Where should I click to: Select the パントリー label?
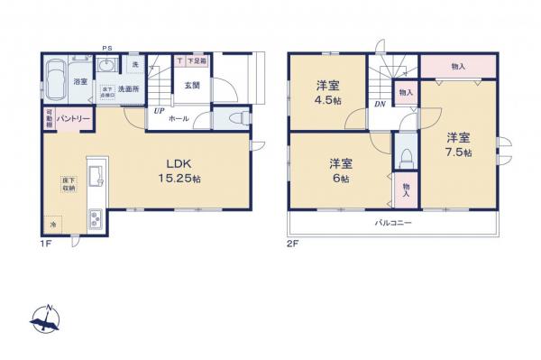[x=71, y=119]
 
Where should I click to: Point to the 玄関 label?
[x=192, y=86]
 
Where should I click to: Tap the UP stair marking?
[x=158, y=112]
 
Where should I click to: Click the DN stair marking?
[x=381, y=104]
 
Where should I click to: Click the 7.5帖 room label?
[x=458, y=144]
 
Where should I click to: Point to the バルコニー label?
[x=393, y=222]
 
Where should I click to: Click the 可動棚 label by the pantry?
[x=48, y=119]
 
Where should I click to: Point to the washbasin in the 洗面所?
[x=107, y=66]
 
